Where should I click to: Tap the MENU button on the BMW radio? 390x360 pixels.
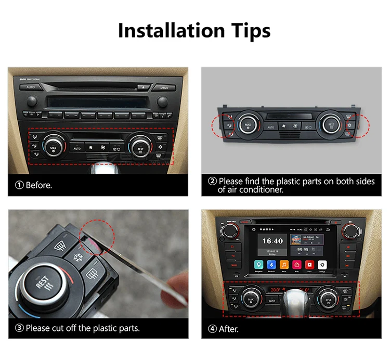coord(164,87)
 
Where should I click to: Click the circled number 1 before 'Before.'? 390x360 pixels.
coord(19,185)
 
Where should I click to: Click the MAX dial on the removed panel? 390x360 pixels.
coord(248,125)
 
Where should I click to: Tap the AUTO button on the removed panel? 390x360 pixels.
coord(270,127)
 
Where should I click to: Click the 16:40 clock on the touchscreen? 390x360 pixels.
coord(272,241)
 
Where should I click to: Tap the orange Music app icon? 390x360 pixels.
coord(284,265)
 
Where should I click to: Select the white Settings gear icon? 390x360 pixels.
coord(322,265)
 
